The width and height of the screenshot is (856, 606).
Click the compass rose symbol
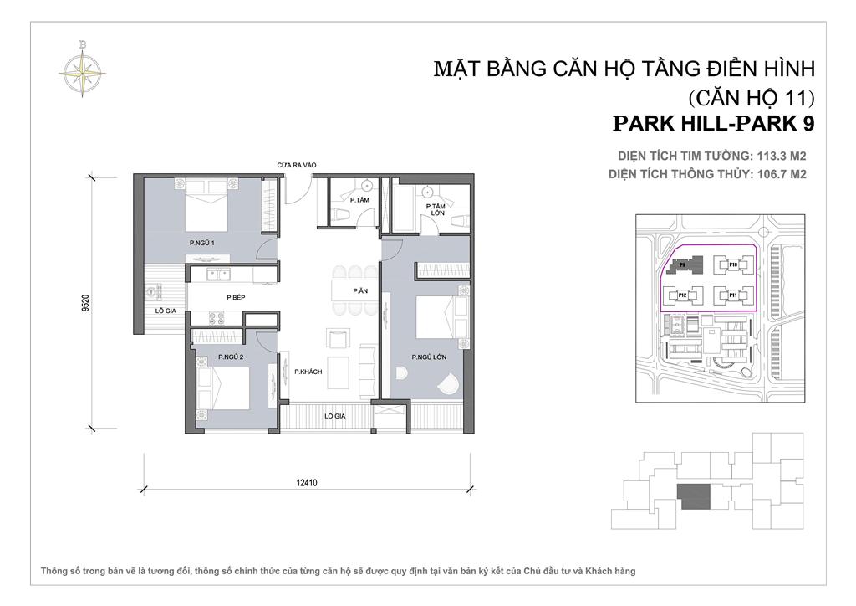83,66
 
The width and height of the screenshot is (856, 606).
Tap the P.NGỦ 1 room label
202,243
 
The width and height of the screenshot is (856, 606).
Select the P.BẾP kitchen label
235,297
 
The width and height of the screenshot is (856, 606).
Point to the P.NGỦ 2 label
230,357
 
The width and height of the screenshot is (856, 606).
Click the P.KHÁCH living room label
308,372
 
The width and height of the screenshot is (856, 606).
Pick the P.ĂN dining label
360,290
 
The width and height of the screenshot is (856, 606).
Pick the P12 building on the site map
682,295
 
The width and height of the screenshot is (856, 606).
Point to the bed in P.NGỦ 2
223,389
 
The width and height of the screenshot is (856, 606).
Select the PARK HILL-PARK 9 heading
713,123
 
